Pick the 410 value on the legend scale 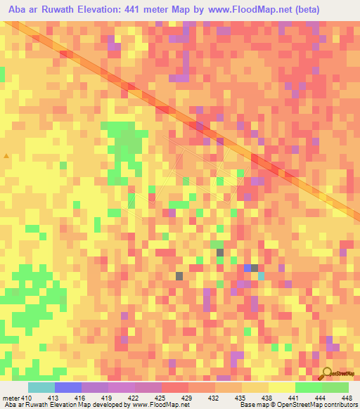(x=27, y=398)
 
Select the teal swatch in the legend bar (x=41, y=387)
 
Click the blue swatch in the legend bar (x=68, y=387)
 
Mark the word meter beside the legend (x=10, y=398)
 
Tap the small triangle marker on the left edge (x=6, y=155)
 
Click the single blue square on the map (x=247, y=268)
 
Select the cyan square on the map (x=261, y=276)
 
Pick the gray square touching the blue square (x=255, y=268)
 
